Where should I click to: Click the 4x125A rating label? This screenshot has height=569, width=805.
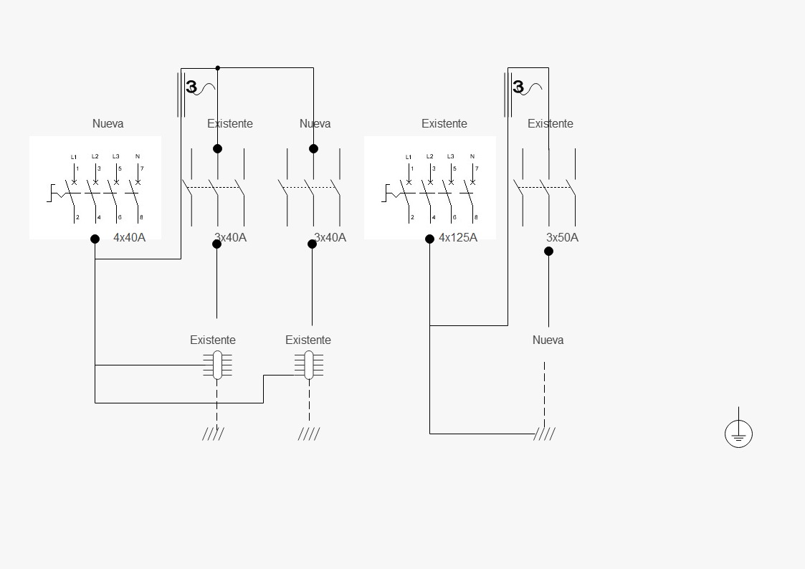click(458, 237)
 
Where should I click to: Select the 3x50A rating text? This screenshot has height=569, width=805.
click(562, 237)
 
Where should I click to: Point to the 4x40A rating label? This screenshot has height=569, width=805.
click(129, 237)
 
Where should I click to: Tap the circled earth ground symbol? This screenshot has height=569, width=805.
click(739, 434)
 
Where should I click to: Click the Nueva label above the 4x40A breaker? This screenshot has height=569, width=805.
click(108, 124)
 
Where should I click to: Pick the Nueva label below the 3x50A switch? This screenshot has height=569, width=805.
click(548, 340)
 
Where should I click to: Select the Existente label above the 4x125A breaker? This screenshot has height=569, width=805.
click(444, 124)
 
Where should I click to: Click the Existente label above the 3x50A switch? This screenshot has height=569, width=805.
click(551, 124)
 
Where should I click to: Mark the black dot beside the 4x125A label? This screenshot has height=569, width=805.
click(429, 239)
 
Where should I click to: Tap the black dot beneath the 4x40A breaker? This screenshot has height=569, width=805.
click(95, 239)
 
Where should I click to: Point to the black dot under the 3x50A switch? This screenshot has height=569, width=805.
click(549, 251)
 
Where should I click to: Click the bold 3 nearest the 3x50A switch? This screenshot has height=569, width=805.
click(518, 87)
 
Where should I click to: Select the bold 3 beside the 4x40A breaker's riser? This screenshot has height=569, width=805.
click(191, 87)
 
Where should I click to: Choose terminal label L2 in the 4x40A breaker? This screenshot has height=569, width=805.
click(95, 156)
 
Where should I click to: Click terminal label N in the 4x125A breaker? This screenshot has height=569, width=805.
click(472, 156)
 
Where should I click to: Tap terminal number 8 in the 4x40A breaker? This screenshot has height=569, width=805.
click(141, 218)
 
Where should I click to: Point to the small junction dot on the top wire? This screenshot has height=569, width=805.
click(218, 68)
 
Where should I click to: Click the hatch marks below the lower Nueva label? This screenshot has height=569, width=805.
click(544, 434)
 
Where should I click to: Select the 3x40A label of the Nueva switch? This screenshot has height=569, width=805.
click(330, 237)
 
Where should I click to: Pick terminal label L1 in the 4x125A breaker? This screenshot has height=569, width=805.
click(409, 157)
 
